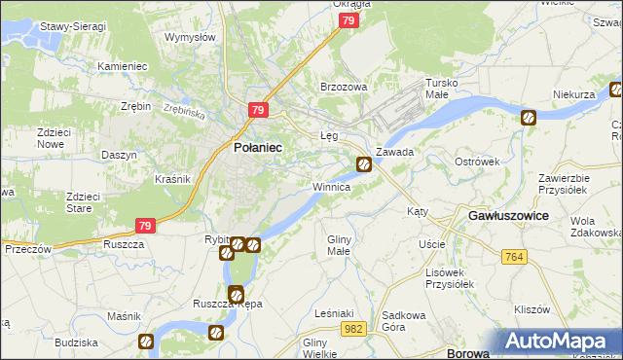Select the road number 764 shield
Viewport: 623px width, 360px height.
click(x=516, y=256)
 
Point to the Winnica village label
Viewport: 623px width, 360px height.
click(x=331, y=186)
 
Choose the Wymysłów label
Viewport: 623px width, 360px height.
click(x=190, y=37)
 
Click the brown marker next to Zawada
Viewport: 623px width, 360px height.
click(x=363, y=164)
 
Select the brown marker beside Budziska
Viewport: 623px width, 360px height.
click(x=145, y=342)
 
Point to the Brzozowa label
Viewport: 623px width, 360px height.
click(x=345, y=87)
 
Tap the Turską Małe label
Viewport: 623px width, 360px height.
click(x=435, y=89)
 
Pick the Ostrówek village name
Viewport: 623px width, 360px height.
click(x=477, y=161)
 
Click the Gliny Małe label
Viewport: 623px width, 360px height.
click(x=339, y=245)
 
